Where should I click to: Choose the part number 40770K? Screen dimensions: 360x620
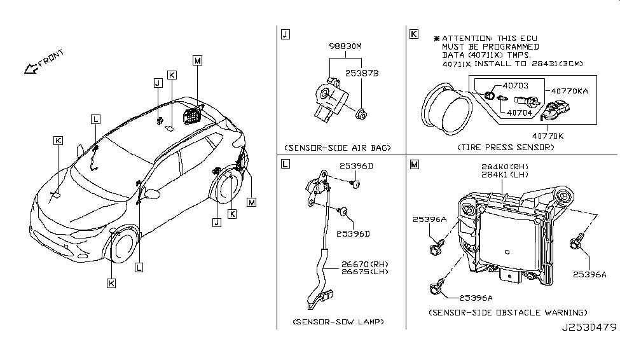[560, 135]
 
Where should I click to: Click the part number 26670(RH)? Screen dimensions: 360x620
[363, 264]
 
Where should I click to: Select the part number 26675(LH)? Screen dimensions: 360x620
[363, 273]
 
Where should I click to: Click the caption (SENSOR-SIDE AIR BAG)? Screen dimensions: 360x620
[336, 148]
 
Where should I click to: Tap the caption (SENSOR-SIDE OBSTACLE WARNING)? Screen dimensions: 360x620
[507, 312]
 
